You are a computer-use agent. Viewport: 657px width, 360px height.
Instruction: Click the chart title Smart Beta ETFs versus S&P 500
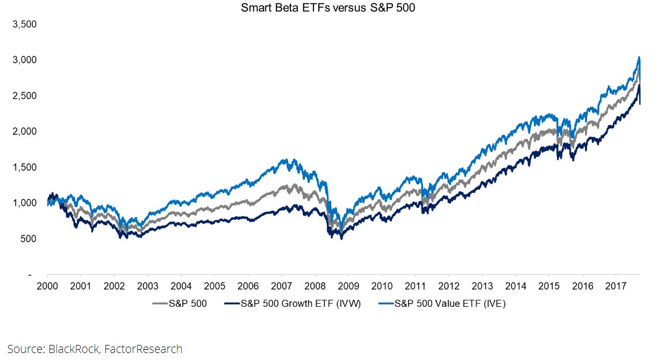[328, 8]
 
